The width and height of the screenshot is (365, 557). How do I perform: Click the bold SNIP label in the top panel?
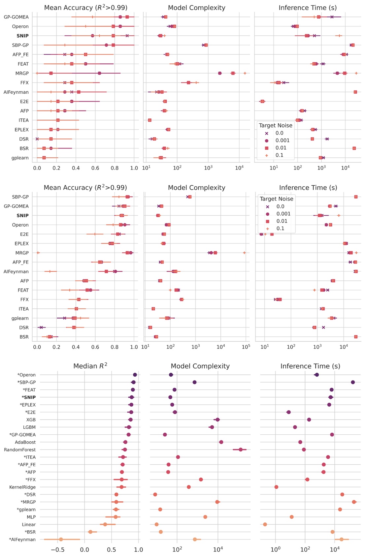coord(22,36)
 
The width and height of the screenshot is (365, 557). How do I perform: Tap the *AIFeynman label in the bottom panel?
coord(22,540)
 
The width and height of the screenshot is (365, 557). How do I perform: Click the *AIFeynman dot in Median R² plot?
coord(61,540)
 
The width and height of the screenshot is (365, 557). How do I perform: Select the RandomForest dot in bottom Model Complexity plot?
coord(241,449)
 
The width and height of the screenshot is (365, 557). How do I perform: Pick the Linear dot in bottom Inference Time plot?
coord(265,524)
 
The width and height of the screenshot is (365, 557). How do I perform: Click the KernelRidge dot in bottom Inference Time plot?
coord(276,487)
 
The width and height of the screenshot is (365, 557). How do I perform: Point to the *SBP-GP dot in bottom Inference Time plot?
coord(353,382)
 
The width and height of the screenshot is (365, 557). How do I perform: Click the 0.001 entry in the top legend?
coord(282,140)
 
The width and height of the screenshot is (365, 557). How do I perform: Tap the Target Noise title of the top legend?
coord(276,126)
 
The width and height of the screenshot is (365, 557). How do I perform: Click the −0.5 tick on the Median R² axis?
coord(57,549)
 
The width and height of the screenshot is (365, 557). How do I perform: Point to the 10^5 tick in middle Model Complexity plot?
coord(246,347)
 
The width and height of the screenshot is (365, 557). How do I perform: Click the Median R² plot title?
coord(90,366)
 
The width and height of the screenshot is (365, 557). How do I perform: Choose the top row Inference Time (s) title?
coord(307,8)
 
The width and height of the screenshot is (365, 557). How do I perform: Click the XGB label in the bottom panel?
coord(31,420)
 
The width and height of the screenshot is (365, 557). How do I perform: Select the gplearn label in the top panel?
coord(20,158)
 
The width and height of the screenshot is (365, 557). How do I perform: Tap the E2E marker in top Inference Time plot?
coord(262,101)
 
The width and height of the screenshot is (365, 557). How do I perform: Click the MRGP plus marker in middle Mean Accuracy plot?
coord(38,253)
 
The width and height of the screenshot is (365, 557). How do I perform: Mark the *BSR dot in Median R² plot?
coord(90,532)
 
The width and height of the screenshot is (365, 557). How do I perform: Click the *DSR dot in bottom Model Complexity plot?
coord(155,495)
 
